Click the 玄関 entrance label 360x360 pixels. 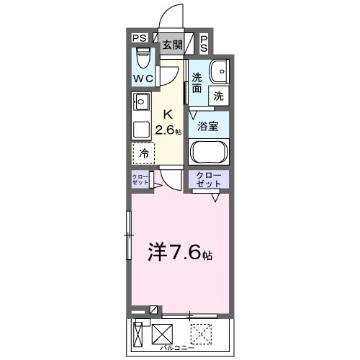pyautogui.click(x=171, y=45)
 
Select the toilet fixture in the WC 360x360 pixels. pyautogui.click(x=142, y=56)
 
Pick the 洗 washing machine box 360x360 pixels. pyautogui.click(x=218, y=95)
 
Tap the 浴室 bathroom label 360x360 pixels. pyautogui.click(x=208, y=125)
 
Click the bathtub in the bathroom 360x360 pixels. pyautogui.click(x=209, y=153)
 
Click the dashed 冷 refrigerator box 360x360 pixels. pyautogui.click(x=144, y=153)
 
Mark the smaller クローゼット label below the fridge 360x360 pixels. pyautogui.click(x=140, y=180)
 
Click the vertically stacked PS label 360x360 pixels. pyautogui.click(x=204, y=43)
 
